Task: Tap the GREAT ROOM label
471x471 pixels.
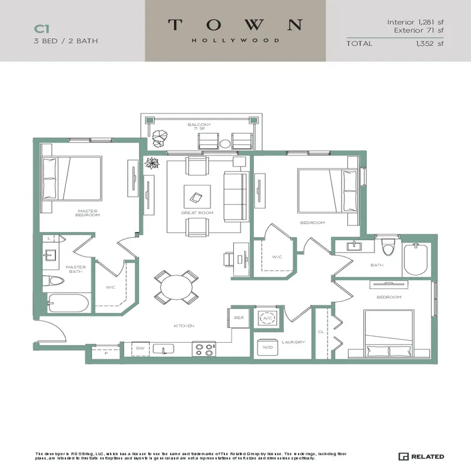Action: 197,213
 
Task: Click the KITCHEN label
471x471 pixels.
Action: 184,326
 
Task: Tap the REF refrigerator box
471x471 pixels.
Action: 238,318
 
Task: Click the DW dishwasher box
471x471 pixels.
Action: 140,349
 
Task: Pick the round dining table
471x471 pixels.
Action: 175,287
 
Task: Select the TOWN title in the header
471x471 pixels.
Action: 235,25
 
